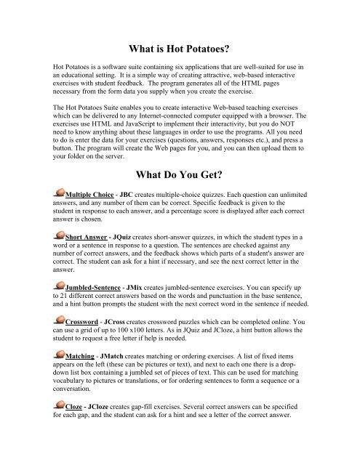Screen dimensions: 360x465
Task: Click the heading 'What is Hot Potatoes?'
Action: click(x=180, y=49)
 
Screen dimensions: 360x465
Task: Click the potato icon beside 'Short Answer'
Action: click(x=54, y=235)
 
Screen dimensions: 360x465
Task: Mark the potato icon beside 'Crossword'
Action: click(x=54, y=319)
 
